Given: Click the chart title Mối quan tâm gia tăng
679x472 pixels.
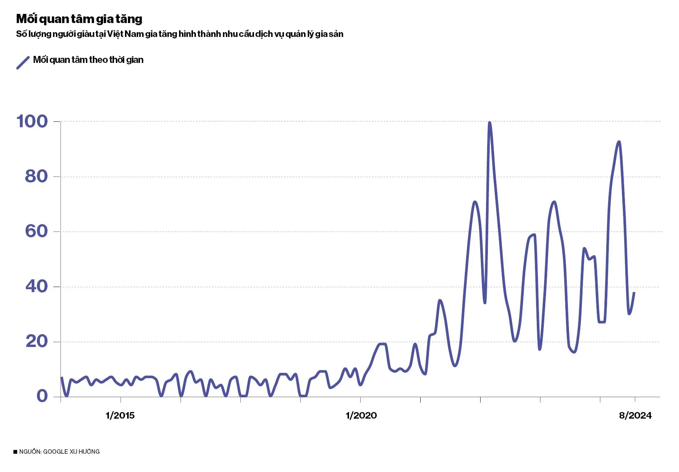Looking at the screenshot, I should coord(79,19).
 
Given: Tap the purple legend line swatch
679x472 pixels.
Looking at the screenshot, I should coord(23,63).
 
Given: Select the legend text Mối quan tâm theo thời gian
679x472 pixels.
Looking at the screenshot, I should coord(88,60).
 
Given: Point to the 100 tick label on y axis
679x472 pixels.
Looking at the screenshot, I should coord(32,121).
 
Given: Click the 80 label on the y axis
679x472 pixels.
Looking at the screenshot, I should coord(36,177).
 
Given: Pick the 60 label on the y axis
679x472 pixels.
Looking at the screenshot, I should coord(36,231).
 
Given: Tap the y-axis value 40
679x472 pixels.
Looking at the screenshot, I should coord(37,286).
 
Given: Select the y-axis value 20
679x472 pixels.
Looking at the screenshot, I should coord(37,341).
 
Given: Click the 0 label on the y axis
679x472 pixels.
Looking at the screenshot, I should coord(42,396).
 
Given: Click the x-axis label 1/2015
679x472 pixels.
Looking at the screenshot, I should coord(120,415).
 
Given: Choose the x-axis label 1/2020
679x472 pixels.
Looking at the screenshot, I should coord(361,415).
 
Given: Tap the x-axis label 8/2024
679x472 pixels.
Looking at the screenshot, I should coord(635,415).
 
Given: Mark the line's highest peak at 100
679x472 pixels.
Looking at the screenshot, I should coord(489,123).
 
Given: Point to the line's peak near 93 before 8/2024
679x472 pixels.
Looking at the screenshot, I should coord(619,142).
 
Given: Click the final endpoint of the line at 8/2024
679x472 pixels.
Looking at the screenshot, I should coord(634,292).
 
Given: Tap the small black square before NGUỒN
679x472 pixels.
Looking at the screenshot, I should coord(15,452).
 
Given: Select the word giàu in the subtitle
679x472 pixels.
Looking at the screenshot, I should coord(86,34).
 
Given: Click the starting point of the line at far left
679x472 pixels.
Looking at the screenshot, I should coord(61,377).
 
